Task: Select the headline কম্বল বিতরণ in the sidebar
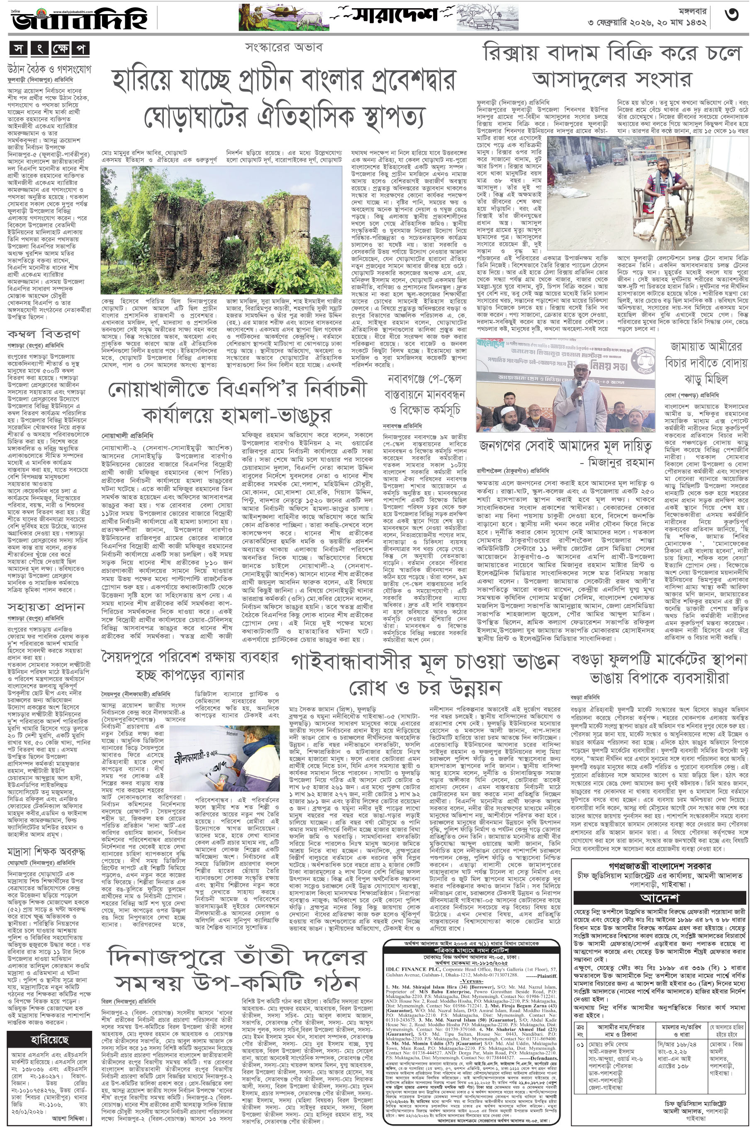tap(43, 333)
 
